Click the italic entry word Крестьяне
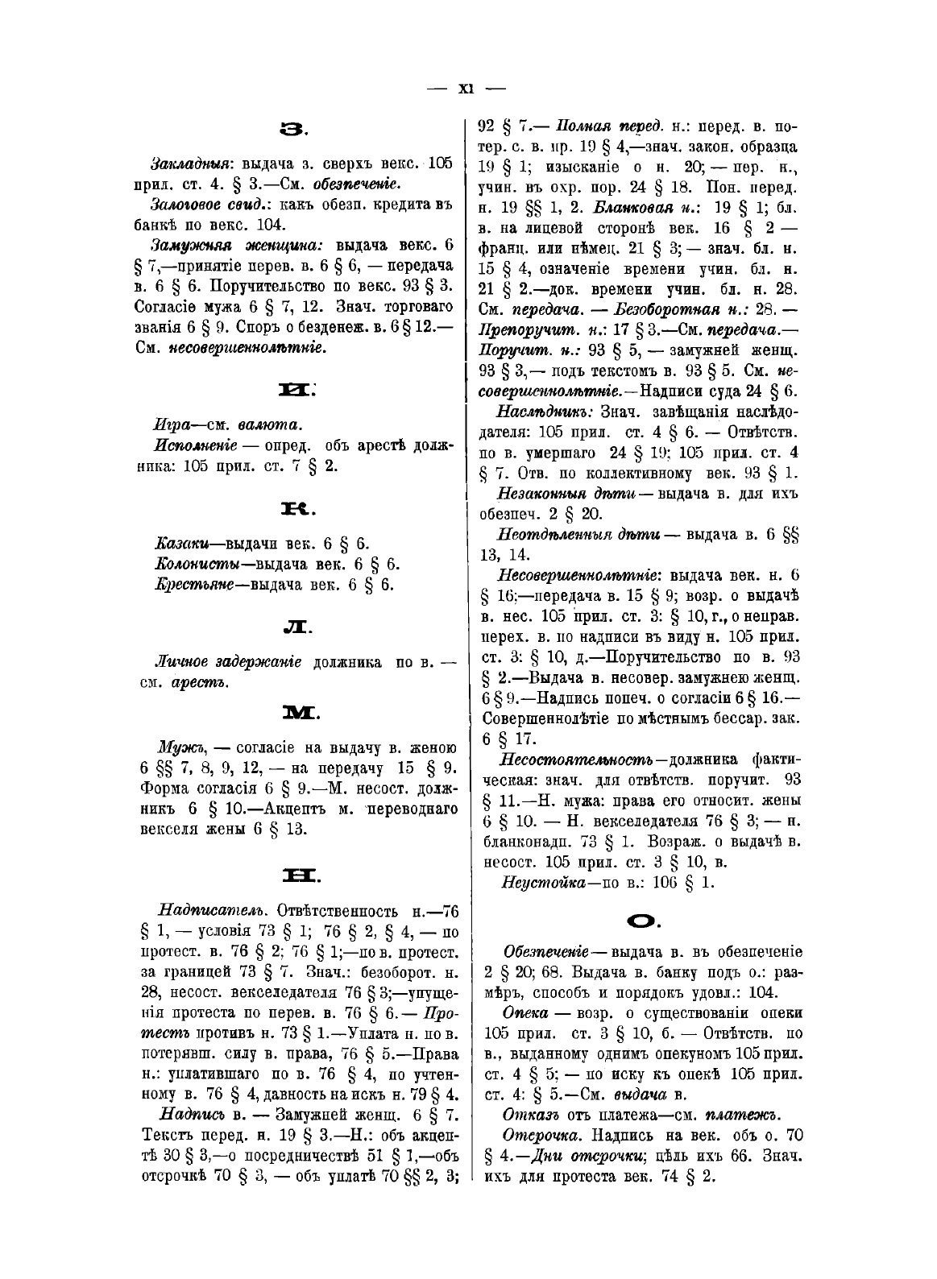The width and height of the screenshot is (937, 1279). point(193,585)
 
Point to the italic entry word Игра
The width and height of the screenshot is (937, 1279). point(169,424)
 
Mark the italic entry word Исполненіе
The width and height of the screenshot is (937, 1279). point(195,445)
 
